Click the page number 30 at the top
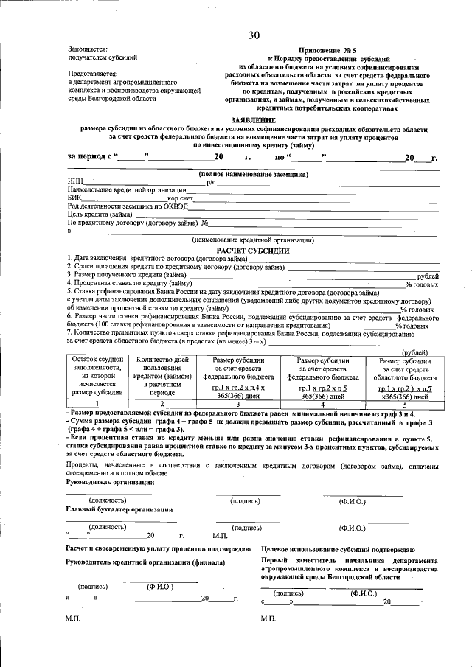pos(254,35)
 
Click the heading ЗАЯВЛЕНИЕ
pos(254,119)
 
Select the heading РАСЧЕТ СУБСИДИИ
pos(253,251)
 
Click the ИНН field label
pos(74,182)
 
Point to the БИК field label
pos(74,198)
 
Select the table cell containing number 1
pos(97,404)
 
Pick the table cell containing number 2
pos(162,404)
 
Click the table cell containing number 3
pos(237,404)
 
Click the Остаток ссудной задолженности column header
pos(97,376)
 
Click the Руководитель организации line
pos(111,482)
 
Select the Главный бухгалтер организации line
pos(120,509)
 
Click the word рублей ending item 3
pos(428,275)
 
